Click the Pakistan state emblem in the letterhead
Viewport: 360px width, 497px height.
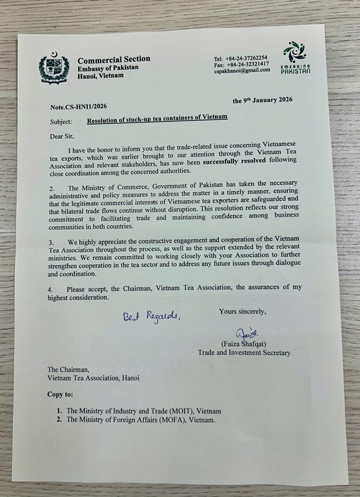click(54, 69)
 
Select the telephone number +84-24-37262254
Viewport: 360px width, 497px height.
click(247, 58)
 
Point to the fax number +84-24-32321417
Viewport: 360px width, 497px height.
click(249, 64)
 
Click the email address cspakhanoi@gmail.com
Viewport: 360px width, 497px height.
click(242, 70)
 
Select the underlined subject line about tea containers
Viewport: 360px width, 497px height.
click(157, 118)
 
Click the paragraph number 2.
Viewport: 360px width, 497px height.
click(49, 187)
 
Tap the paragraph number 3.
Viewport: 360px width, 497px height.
click(49, 241)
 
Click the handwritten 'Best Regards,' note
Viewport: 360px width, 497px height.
click(152, 316)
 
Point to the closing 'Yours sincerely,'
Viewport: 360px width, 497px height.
click(242, 311)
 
